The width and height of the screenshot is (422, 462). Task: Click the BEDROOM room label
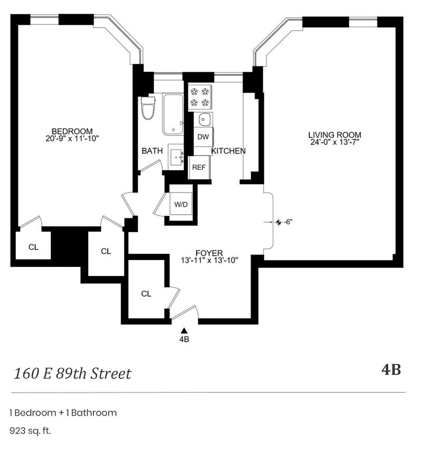(x=72, y=131)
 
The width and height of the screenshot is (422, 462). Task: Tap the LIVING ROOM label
(x=334, y=135)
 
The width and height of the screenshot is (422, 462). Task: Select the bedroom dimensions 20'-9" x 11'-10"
(x=72, y=139)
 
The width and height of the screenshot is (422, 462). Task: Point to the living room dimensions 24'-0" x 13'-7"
(x=334, y=142)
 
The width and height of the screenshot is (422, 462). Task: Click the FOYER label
(x=209, y=253)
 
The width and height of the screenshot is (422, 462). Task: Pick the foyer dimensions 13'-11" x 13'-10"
(x=209, y=260)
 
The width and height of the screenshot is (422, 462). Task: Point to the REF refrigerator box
(x=198, y=168)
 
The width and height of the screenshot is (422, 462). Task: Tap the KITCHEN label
(x=228, y=151)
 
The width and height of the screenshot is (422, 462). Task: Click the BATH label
(x=152, y=151)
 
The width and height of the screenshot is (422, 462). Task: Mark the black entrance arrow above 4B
(x=184, y=331)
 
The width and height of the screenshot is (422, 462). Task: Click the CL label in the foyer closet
(x=146, y=294)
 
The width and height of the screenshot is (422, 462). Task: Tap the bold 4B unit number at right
(x=391, y=370)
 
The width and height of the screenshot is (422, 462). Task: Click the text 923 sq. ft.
(x=30, y=431)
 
